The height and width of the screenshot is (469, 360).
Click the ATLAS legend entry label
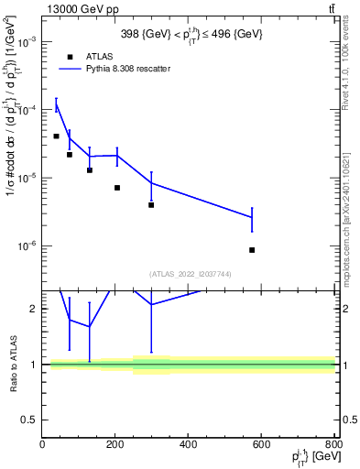[x=99, y=56]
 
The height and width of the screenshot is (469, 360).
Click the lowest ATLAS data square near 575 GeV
[x=252, y=250]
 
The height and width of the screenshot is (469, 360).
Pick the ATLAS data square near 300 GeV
[x=151, y=205]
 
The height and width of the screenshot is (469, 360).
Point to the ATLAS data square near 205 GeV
[x=117, y=188]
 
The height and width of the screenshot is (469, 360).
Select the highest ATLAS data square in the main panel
[x=56, y=136]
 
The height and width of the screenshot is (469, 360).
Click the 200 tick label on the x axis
[x=115, y=446]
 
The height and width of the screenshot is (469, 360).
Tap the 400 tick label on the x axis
[x=188, y=446]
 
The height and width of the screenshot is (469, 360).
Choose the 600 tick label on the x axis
[x=261, y=446]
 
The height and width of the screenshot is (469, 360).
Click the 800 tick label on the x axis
[x=333, y=446]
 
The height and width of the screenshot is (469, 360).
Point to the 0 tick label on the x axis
[x=42, y=446]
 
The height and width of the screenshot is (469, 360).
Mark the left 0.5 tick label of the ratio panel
[x=30, y=420]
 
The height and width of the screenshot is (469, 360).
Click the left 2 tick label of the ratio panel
[x=35, y=309]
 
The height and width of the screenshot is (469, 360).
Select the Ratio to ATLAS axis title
[x=13, y=364]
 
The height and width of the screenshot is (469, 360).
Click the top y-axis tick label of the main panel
[x=27, y=42]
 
